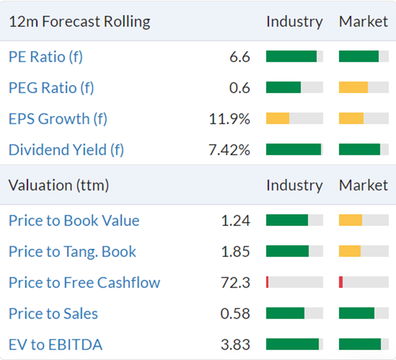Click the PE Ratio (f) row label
tap(46, 57)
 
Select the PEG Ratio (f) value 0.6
tap(240, 88)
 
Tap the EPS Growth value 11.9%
tap(229, 119)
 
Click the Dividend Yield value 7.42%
tap(229, 150)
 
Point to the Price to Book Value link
tap(74, 221)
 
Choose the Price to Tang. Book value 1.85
tap(235, 252)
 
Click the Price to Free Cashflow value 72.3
tap(235, 282)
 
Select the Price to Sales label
tap(53, 313)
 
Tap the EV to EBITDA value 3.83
tap(235, 345)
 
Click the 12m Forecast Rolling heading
tap(79, 22)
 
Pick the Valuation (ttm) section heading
tap(59, 185)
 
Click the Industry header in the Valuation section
tap(294, 185)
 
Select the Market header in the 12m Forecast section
tap(363, 22)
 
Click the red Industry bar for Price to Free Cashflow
tap(267, 282)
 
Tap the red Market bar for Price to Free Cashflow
tap(341, 282)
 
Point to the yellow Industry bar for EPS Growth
tap(277, 119)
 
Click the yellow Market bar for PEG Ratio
tap(354, 87)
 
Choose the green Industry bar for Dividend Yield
tap(294, 149)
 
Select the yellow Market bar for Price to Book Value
tap(351, 220)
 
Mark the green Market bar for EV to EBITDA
tap(360, 344)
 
